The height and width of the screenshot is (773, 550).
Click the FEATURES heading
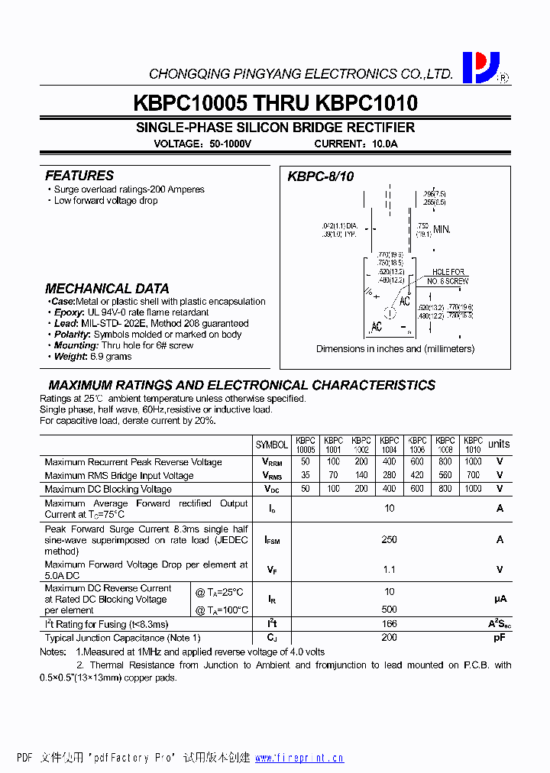(79, 176)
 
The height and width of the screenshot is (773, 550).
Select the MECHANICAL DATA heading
(107, 289)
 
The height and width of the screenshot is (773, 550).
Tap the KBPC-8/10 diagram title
(321, 176)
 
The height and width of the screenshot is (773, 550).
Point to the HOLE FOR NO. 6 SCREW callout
(448, 277)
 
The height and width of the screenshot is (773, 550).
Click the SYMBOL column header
(272, 445)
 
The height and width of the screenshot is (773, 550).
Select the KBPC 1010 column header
(473, 445)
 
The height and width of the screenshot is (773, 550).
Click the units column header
(499, 444)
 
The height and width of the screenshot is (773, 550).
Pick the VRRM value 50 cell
(306, 462)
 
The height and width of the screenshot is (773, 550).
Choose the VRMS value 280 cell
(390, 475)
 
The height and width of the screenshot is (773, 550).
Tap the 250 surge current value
(390, 539)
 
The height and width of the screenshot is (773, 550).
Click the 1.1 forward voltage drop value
(390, 569)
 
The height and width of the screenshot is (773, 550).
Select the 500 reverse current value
(390, 610)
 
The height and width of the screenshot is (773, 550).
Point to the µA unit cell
(500, 600)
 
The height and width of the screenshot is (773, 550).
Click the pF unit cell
(500, 637)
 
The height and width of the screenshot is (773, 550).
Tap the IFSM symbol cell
(272, 540)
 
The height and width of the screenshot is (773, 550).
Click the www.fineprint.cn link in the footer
(299, 758)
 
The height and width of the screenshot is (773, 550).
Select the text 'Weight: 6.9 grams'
(94, 357)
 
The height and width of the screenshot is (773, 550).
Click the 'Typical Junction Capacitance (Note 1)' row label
(122, 638)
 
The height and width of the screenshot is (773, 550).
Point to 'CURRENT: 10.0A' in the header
(356, 144)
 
